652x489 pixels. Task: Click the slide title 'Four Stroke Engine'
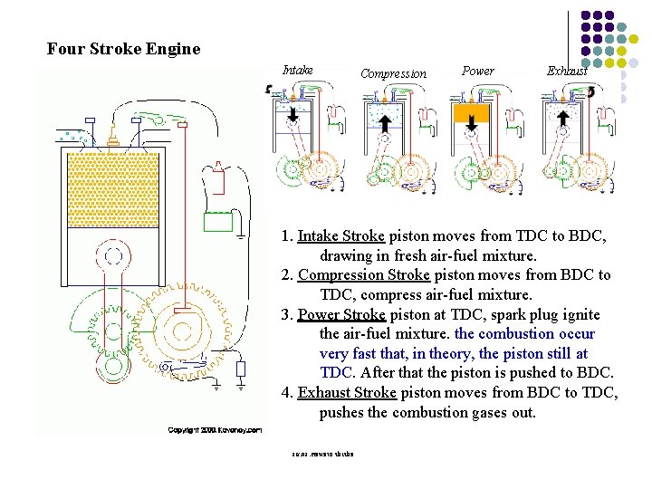123,49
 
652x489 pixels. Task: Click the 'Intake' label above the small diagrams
298,70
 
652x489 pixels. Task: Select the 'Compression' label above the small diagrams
393,74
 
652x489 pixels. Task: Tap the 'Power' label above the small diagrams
478,71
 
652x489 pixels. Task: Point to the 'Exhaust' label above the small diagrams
568,71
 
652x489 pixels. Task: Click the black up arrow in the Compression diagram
383,120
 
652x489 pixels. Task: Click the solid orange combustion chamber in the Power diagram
471,113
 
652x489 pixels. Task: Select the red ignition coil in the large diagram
217,178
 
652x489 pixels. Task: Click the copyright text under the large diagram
215,429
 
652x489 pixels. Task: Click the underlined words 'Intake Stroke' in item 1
341,236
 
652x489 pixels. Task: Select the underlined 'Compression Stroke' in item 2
363,275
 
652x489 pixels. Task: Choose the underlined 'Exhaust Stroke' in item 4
347,393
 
